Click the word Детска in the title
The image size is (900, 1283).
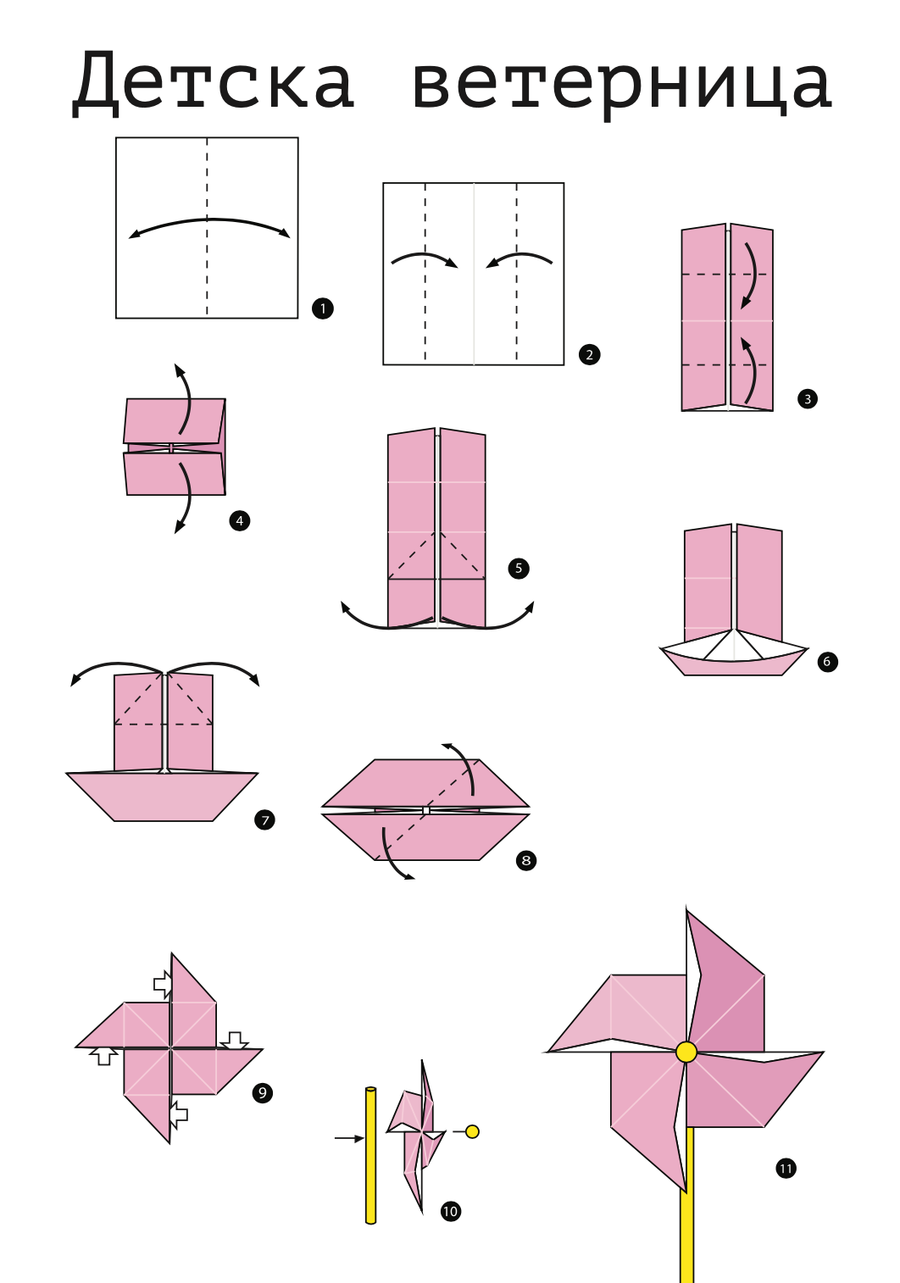point(213,83)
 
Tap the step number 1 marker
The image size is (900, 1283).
point(322,308)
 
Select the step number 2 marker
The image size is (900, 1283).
point(589,354)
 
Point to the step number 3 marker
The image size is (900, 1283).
point(807,398)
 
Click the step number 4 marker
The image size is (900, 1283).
point(240,520)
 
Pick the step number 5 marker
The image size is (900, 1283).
point(519,568)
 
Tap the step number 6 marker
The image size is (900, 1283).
point(827,662)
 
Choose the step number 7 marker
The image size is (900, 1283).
point(264,819)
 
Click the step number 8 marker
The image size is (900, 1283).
point(526,861)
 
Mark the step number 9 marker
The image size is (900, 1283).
point(263,1092)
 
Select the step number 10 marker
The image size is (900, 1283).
point(450,1211)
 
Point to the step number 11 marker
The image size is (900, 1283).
point(786,1169)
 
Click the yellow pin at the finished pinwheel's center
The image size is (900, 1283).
point(686,1052)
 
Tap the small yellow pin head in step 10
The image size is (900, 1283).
point(473,1131)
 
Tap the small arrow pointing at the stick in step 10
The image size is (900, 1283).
point(348,1138)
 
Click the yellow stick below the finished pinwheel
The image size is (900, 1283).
point(687,1220)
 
